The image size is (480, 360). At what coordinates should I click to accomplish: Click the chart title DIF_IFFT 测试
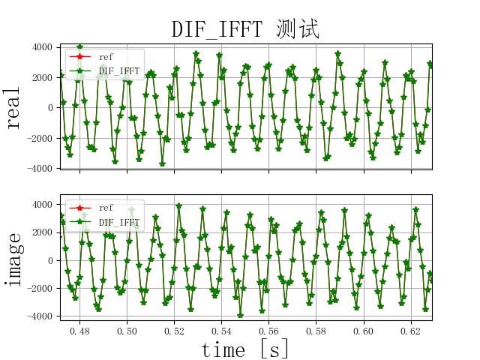(245, 29)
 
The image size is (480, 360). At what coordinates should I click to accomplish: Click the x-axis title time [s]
(245, 349)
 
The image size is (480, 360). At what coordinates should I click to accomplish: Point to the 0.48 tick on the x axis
(80, 330)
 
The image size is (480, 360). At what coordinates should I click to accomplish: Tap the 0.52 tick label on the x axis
(175, 330)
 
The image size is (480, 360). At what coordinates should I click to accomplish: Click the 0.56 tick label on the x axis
(269, 330)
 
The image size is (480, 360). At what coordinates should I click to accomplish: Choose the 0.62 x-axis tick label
(411, 330)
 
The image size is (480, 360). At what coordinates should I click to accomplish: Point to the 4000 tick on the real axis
(42, 47)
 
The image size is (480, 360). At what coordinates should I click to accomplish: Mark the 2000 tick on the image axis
(42, 232)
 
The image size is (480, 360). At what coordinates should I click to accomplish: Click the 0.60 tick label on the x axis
(364, 330)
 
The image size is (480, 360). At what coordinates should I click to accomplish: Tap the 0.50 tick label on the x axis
(127, 330)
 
